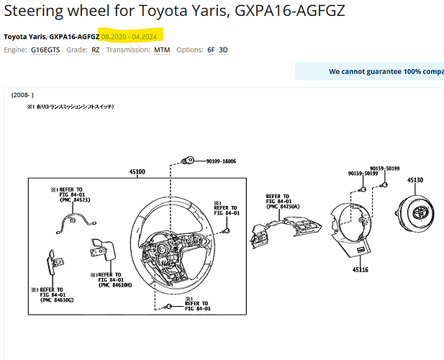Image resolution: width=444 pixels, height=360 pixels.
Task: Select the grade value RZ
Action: [96, 50]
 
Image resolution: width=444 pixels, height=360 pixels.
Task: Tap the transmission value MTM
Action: [162, 50]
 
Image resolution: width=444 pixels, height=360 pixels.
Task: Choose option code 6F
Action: [210, 50]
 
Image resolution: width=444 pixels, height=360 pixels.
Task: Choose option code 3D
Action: [223, 50]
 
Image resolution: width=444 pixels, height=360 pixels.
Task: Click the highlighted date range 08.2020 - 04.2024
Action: [132, 36]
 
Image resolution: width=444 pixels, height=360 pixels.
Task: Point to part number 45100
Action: [137, 172]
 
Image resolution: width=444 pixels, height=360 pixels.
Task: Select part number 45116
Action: [361, 269]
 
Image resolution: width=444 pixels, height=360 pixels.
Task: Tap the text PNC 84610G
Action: [56, 300]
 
